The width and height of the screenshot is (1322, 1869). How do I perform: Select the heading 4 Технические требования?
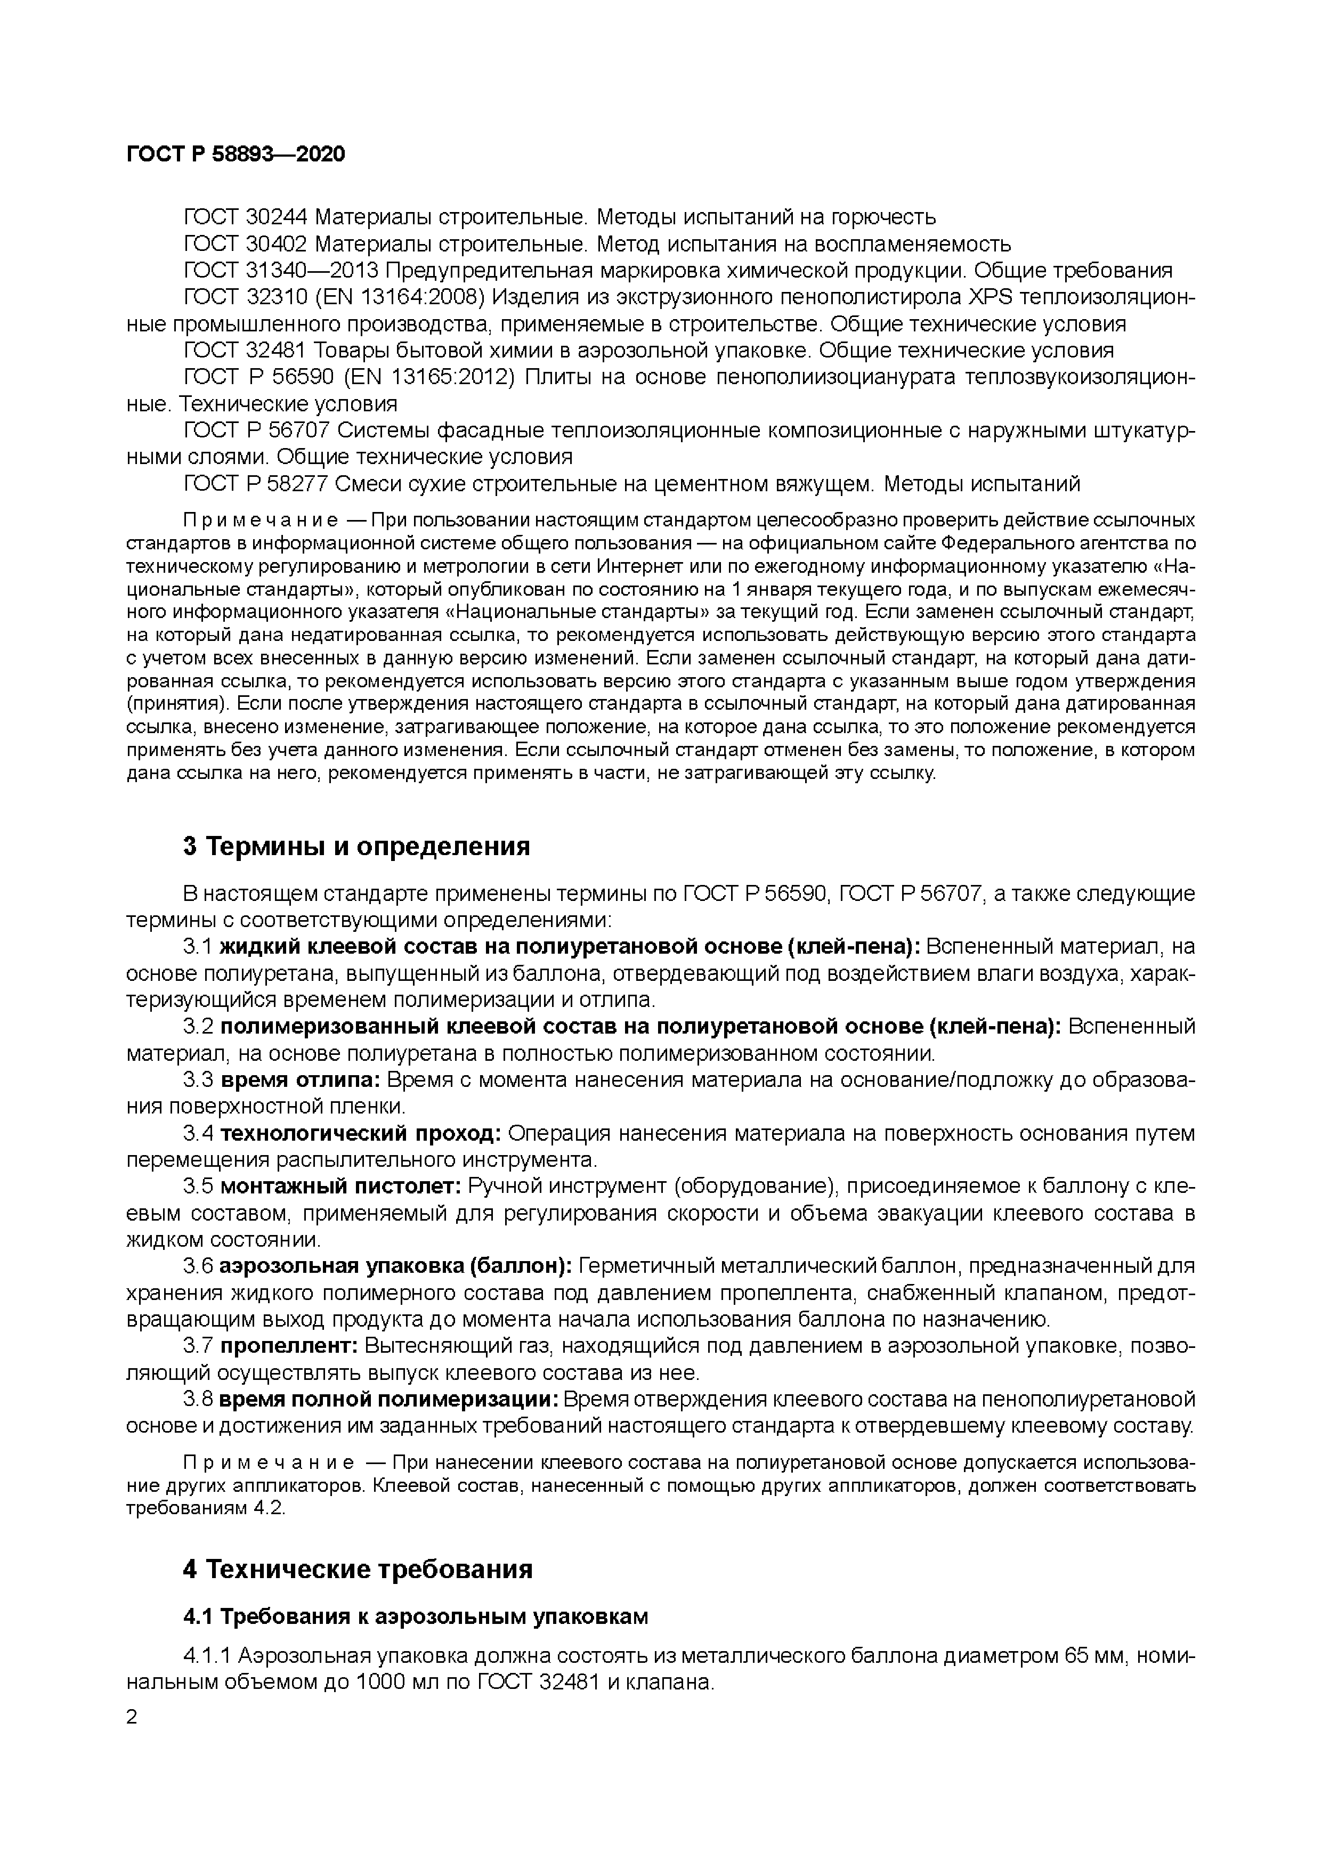click(358, 1570)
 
